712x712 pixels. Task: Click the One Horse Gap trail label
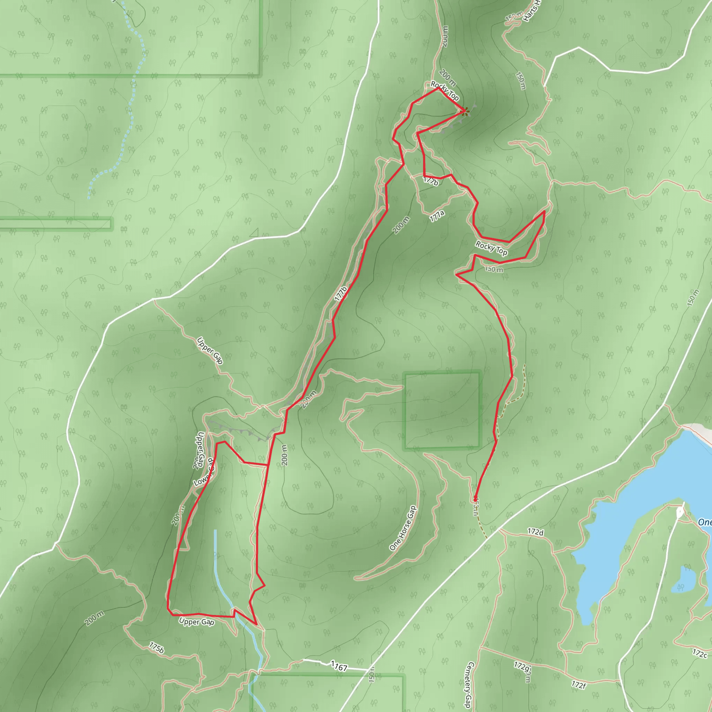[403, 528]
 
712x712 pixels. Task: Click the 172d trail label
[535, 532]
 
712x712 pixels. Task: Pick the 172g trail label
[522, 665]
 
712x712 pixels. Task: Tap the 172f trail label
[578, 685]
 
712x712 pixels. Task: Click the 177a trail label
[437, 216]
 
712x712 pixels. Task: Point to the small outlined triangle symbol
[254, 233]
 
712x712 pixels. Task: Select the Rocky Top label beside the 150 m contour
[491, 248]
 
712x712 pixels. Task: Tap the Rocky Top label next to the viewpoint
[445, 91]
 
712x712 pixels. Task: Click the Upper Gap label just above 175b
[196, 622]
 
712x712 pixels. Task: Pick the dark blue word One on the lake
[705, 522]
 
